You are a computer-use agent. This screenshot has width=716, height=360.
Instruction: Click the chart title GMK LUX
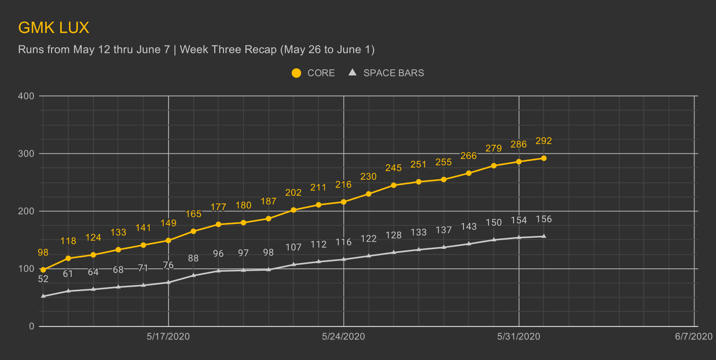[53, 28]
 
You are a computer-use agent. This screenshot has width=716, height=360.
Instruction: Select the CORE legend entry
[313, 73]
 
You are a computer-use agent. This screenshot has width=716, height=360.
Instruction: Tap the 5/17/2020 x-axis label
[168, 337]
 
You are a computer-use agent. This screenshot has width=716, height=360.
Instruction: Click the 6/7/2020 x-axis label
[694, 337]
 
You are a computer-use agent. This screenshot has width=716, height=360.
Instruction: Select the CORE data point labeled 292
[544, 158]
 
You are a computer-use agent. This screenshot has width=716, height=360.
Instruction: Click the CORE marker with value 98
[43, 270]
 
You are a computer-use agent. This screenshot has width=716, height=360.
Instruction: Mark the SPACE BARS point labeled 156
[544, 236]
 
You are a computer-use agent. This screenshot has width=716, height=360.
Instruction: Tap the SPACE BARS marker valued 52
[43, 296]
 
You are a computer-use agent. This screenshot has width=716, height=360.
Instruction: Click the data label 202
[293, 193]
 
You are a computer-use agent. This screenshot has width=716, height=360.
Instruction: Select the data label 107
[293, 247]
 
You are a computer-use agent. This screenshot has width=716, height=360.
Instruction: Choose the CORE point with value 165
[193, 231]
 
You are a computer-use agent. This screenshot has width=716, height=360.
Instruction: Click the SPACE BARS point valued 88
[193, 275]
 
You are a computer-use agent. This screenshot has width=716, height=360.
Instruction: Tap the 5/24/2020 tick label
[344, 337]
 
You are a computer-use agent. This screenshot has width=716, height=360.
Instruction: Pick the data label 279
[494, 148]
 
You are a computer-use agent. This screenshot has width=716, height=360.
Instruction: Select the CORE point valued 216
[344, 202]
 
